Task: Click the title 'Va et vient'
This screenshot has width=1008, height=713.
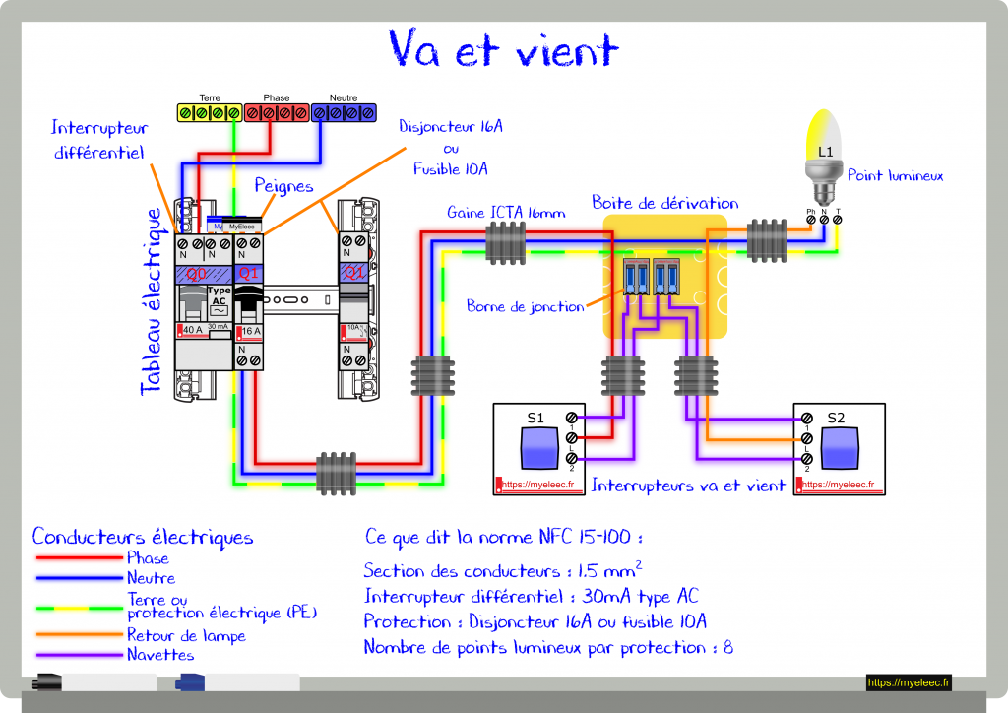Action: pyautogui.click(x=503, y=48)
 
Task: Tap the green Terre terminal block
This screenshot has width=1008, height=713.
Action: pyautogui.click(x=209, y=113)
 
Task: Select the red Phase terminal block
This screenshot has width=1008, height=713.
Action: pyautogui.click(x=277, y=113)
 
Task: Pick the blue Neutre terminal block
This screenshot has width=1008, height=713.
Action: pyautogui.click(x=344, y=113)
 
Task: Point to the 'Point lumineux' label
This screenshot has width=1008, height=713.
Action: pyautogui.click(x=895, y=175)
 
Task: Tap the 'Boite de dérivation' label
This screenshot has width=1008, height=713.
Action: pyautogui.click(x=664, y=203)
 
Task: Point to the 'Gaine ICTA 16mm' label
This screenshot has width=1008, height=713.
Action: pyautogui.click(x=506, y=212)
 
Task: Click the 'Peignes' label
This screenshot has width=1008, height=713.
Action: pyautogui.click(x=283, y=186)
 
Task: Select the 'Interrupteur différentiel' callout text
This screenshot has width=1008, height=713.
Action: pyautogui.click(x=98, y=140)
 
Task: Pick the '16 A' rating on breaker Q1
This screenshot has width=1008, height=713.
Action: pyautogui.click(x=251, y=332)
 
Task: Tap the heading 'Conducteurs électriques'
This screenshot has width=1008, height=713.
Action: pyautogui.click(x=143, y=537)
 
